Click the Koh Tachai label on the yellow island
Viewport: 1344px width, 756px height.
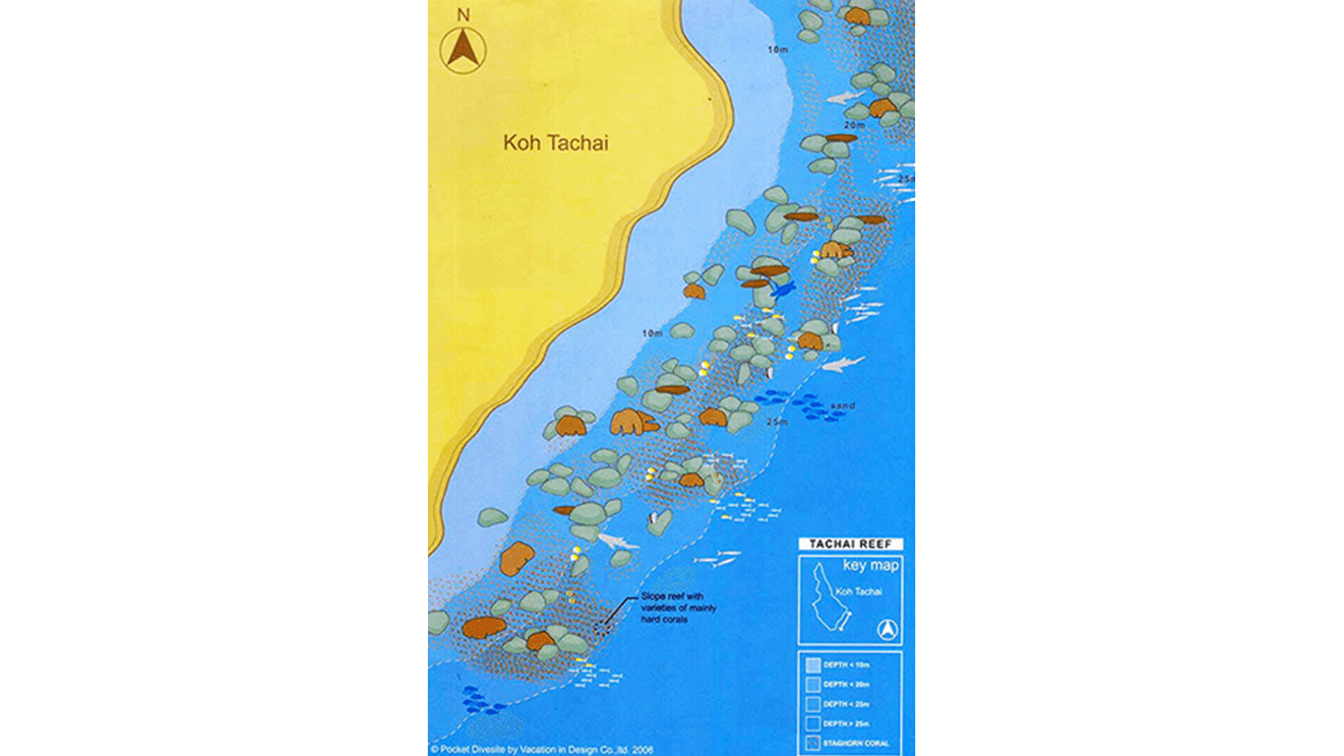556,143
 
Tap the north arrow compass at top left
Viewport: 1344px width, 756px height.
463,48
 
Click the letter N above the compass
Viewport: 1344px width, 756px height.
463,15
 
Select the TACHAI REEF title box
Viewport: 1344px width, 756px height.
849,544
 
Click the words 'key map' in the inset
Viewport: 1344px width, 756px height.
870,566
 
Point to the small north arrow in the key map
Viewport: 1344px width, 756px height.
887,630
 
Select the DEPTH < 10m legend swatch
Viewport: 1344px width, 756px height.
813,664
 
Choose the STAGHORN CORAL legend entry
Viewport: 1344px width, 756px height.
852,744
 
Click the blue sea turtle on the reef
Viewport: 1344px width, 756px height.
783,289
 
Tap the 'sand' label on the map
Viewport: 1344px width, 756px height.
842,406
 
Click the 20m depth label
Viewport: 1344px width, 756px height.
853,125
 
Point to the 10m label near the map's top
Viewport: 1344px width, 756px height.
778,48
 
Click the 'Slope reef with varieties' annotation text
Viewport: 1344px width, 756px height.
678,608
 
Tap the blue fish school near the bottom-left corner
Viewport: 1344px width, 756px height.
481,699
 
